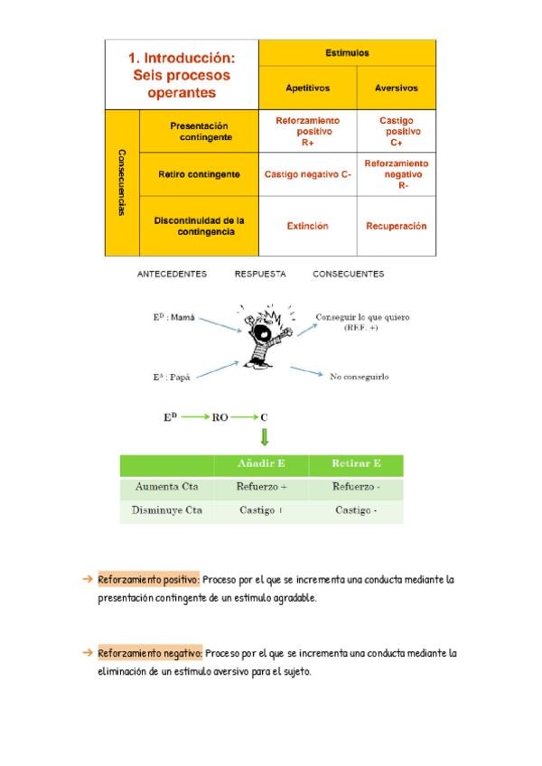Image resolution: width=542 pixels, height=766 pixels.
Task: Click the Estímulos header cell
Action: coord(347,53)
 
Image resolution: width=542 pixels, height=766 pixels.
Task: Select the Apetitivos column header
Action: coord(307,89)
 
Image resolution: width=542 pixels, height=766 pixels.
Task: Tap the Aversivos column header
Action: coord(396,89)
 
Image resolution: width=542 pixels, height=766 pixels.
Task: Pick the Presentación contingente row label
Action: coord(199,132)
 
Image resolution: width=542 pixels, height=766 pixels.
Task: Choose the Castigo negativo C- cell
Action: coord(307,174)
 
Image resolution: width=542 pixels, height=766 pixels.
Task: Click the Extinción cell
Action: coord(307,226)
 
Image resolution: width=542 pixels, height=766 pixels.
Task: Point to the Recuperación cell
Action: coord(396,226)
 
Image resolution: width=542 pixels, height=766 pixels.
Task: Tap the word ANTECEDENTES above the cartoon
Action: coord(172,274)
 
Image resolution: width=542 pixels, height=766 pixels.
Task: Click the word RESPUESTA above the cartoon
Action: coord(260,274)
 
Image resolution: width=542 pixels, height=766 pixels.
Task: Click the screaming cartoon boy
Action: coord(262,339)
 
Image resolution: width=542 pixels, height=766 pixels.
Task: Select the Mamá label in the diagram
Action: coord(173,318)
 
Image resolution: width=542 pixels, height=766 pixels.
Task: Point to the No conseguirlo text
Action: coord(359,377)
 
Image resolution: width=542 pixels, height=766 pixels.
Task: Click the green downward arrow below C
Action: coord(264,438)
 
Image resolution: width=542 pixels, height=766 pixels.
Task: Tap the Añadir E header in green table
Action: coord(261,464)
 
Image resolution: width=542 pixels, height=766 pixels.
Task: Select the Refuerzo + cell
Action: coord(261,487)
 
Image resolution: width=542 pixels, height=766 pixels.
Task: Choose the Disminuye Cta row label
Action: coord(166,510)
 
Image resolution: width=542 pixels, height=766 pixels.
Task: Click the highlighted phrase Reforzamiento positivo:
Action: coord(148,580)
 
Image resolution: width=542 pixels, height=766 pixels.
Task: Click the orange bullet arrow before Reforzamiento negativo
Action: coord(88,652)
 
